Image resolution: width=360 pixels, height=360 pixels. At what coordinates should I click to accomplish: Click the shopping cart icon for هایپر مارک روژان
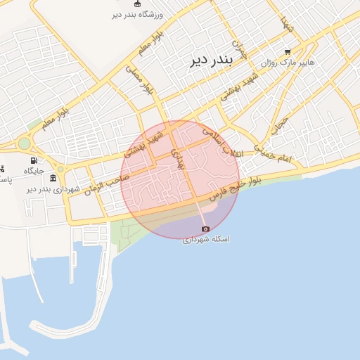pyautogui.click(x=288, y=52)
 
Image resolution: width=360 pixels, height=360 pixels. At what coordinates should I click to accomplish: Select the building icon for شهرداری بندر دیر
pyautogui.click(x=53, y=179)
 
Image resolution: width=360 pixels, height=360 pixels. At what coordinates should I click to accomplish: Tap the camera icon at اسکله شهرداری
pyautogui.click(x=205, y=229)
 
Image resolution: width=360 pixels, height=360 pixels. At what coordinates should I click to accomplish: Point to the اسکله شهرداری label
pyautogui.click(x=206, y=239)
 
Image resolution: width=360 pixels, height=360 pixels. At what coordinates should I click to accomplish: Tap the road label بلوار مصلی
pyautogui.click(x=140, y=80)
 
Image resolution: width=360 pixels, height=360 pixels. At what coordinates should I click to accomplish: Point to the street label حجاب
pyautogui.click(x=280, y=124)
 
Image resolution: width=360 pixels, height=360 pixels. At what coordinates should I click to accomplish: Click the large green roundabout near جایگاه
pyautogui.click(x=25, y=143)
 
